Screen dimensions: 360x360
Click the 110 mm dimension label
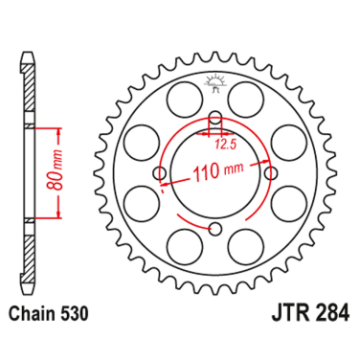click(217, 170)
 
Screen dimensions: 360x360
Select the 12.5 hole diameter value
click(226, 145)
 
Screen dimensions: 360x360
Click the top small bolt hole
click(215, 116)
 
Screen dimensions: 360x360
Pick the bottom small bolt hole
click(215, 228)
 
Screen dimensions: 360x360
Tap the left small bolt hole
click(160, 173)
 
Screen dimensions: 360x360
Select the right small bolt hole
click(272, 173)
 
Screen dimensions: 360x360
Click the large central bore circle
click(215, 173)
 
